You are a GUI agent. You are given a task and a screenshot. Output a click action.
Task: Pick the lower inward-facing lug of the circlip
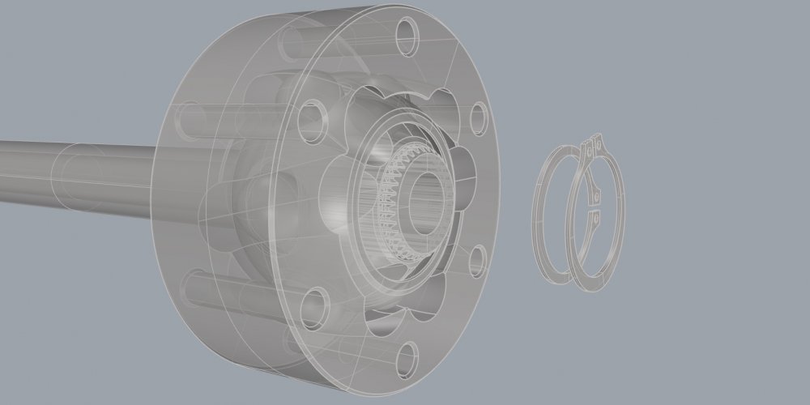pos(593,217)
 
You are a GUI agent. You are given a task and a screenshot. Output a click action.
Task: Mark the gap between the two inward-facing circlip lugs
pos(593,207)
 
